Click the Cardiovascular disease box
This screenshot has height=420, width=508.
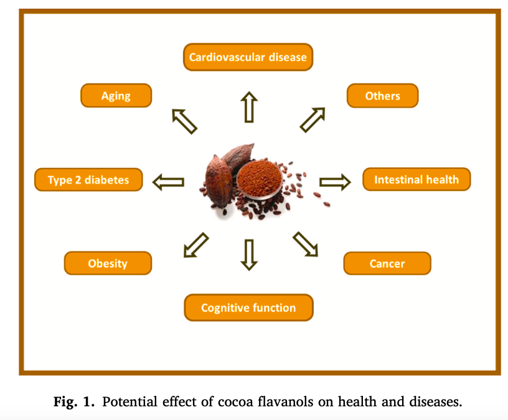[x=248, y=57]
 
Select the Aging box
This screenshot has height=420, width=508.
[x=116, y=96]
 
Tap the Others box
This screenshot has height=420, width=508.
[x=383, y=96]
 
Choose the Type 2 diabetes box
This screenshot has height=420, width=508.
[x=88, y=180]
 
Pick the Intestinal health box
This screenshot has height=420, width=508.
[x=416, y=179]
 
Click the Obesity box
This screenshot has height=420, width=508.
[x=108, y=263]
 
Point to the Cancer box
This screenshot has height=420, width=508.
[x=387, y=264]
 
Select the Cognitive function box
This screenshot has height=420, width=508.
[x=249, y=307]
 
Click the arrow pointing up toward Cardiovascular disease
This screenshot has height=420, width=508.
[x=249, y=107]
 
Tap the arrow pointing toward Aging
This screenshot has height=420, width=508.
[x=184, y=121]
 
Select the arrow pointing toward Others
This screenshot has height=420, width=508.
[x=313, y=120]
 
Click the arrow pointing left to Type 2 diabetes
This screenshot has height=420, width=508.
[x=169, y=182]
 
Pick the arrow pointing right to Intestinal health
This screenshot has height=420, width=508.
[x=335, y=182]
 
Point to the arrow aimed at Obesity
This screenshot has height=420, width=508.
[x=196, y=245]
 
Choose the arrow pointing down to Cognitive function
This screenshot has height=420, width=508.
[x=249, y=255]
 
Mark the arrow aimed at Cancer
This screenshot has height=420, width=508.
[x=306, y=244]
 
